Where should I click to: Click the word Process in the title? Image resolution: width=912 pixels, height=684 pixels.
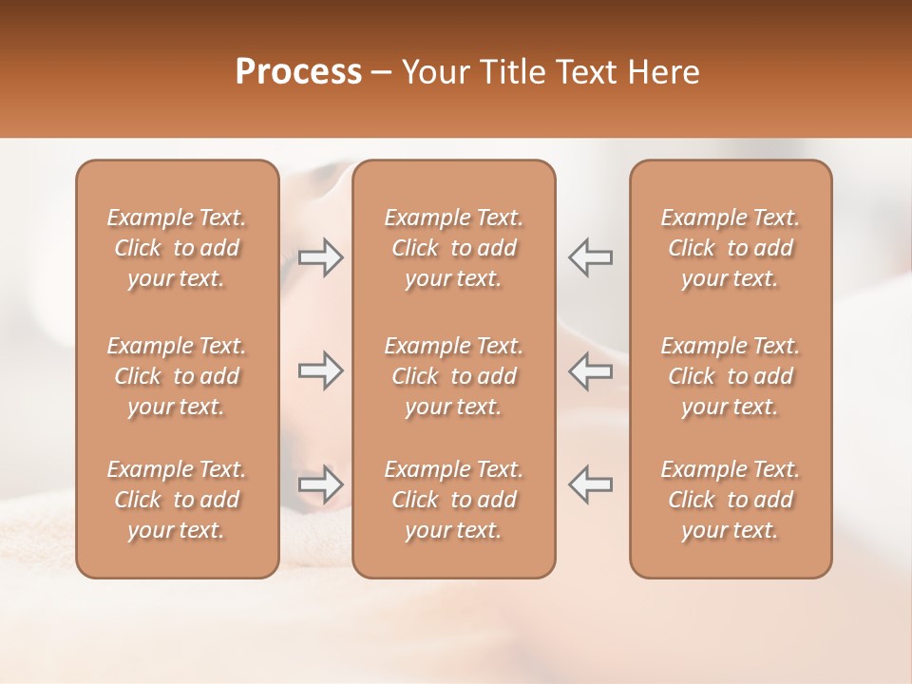click(x=298, y=72)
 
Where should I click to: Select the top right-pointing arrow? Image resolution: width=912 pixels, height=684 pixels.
click(x=321, y=257)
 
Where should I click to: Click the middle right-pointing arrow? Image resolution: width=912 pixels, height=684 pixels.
click(x=321, y=371)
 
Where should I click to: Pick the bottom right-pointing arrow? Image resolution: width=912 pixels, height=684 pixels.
click(x=321, y=484)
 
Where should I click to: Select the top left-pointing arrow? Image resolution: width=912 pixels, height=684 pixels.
click(x=590, y=257)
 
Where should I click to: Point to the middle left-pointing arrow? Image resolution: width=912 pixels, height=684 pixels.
click(x=590, y=371)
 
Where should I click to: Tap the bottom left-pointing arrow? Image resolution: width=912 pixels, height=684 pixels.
click(x=590, y=484)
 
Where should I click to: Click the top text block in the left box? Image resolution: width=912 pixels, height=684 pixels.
click(x=177, y=248)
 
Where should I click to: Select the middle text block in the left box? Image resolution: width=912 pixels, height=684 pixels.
click(x=177, y=376)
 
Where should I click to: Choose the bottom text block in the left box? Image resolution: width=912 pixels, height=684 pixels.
click(x=177, y=500)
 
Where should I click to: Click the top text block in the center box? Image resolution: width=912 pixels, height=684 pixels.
click(x=454, y=248)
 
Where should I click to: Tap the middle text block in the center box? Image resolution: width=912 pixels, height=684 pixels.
click(x=454, y=376)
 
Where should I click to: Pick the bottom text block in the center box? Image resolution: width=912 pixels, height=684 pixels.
click(x=454, y=500)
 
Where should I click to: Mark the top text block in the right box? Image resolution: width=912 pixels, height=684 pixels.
click(x=731, y=248)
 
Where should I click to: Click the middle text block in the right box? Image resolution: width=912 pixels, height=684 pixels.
click(x=731, y=376)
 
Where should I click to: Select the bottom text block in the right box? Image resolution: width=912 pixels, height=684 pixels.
click(x=731, y=500)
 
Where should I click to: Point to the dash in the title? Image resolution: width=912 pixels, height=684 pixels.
click(x=382, y=73)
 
